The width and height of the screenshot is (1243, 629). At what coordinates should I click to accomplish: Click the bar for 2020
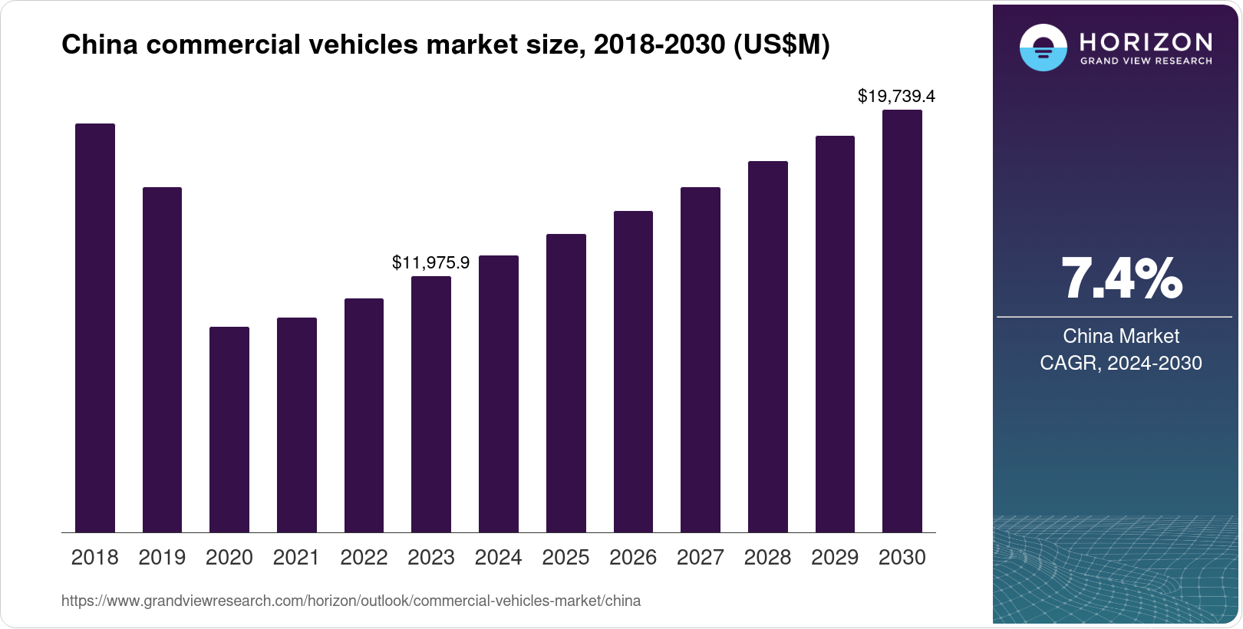click(229, 430)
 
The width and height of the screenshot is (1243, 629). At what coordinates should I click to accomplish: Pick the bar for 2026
click(633, 371)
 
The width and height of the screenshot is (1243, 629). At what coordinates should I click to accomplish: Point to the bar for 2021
click(297, 425)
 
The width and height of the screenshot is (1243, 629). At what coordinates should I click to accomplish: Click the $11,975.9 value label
click(430, 262)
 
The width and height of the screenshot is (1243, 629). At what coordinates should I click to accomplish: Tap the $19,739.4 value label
click(896, 97)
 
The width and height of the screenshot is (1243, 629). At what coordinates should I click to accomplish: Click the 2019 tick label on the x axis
click(162, 558)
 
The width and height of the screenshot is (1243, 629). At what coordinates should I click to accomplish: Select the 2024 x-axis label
click(498, 558)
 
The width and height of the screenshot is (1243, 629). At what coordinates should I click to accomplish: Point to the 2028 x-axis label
click(767, 558)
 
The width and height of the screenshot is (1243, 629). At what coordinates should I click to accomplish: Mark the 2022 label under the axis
click(364, 558)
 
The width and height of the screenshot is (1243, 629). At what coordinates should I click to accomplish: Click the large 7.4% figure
click(1121, 279)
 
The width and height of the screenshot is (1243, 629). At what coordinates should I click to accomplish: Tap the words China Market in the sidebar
click(1121, 336)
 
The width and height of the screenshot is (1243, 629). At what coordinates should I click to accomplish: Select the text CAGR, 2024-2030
click(1121, 363)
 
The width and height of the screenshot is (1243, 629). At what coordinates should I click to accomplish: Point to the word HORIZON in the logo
click(1146, 41)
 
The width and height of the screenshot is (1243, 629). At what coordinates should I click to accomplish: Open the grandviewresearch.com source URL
click(351, 601)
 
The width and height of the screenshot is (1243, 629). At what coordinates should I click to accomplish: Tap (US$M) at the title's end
click(782, 45)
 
